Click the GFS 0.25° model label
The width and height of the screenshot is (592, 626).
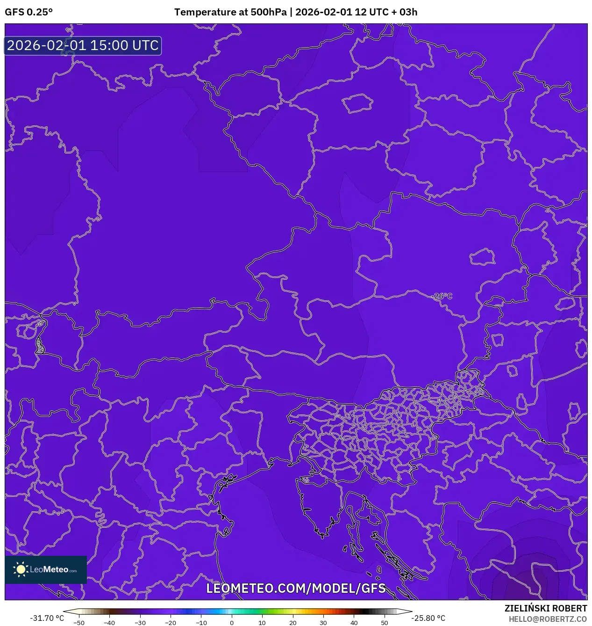coord(29,12)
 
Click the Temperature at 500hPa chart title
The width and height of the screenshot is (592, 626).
coord(296,12)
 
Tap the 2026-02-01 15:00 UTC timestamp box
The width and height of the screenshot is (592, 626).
coord(83,46)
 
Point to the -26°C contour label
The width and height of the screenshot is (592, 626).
coord(442,296)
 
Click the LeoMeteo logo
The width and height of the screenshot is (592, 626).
coord(46,569)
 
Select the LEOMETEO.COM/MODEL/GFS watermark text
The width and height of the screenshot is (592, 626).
coord(296,588)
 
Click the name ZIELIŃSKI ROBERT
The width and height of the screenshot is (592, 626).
coord(545,608)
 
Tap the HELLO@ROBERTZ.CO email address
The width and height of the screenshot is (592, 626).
coord(548,619)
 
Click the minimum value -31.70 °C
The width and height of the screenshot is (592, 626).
coord(47,618)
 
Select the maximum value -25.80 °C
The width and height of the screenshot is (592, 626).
coord(428,618)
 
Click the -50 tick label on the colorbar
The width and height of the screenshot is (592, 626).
coord(79,623)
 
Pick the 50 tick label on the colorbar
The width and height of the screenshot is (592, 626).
coord(385,623)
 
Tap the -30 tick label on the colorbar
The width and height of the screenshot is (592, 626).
coord(140,623)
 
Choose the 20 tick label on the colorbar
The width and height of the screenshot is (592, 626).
coord(293,623)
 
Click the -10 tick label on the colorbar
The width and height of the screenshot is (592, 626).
coord(201,623)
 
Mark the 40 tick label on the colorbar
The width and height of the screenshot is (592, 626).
coord(354,623)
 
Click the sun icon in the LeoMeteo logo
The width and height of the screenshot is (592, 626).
coord(21,569)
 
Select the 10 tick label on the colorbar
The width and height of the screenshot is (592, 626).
coord(262,623)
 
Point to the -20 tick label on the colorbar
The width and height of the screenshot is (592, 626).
coord(171,623)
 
